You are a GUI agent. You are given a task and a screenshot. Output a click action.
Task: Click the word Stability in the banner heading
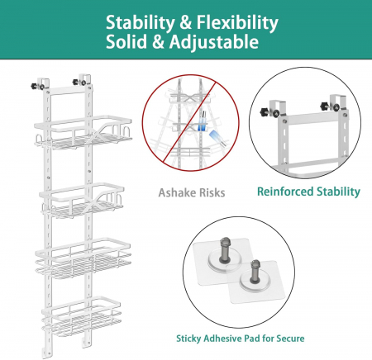tap(140, 23)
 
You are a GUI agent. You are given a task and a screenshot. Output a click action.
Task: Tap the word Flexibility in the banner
tap(237, 23)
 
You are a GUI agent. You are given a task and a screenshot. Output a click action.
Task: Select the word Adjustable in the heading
tap(214, 43)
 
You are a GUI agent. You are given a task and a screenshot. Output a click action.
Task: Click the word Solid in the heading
tap(126, 42)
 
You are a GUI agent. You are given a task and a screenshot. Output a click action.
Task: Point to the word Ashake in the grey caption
tap(177, 192)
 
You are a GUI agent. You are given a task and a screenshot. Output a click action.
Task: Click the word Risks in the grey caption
tap(212, 192)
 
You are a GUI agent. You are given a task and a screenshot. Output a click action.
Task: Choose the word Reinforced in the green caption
tap(285, 192)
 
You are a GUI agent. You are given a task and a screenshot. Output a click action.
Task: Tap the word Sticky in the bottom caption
tap(188, 339)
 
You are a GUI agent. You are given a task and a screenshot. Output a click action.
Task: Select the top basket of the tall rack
tap(83, 133)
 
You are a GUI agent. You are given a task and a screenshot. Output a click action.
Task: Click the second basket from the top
tap(82, 200)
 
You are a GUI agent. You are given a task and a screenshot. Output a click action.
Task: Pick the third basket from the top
tap(83, 258)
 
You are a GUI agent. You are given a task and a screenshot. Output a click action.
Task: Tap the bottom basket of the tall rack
tap(82, 316)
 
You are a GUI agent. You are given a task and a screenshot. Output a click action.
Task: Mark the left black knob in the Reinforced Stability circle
tap(265, 112)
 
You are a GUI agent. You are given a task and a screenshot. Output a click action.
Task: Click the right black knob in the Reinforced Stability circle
tap(326, 106)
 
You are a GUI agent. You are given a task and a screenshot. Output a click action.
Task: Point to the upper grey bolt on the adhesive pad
tap(225, 250)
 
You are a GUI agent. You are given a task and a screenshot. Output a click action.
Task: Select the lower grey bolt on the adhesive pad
tap(255, 272)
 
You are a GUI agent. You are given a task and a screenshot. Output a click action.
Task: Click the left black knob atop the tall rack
tap(35, 86)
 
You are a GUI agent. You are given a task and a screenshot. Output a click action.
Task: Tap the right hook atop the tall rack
tap(84, 80)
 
